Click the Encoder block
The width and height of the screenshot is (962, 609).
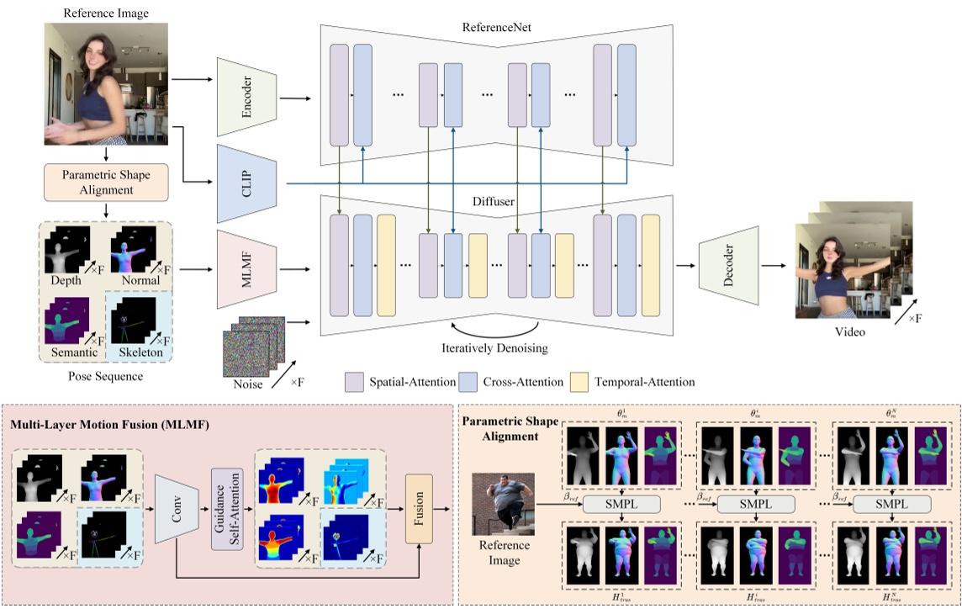[x=247, y=97]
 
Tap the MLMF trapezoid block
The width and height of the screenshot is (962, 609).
[x=247, y=268]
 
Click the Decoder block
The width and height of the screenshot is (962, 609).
[x=730, y=267]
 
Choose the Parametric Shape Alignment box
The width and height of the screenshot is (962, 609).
[x=107, y=183]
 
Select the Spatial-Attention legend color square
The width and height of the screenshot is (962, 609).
[x=354, y=382]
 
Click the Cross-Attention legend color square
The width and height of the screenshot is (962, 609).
[x=469, y=382]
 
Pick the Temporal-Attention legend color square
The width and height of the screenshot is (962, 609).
[x=579, y=382]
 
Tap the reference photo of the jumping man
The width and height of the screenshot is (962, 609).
[x=503, y=511]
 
